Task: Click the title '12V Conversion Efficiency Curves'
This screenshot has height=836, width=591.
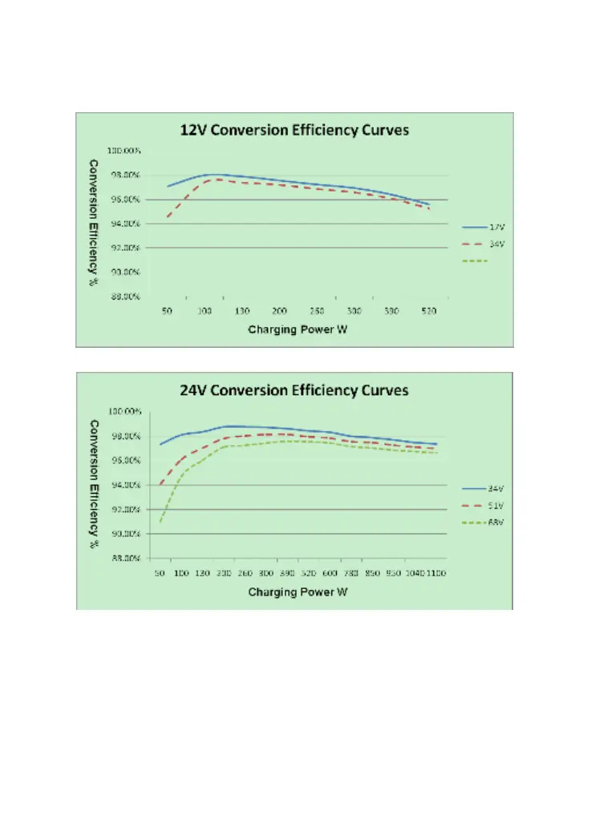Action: [x=293, y=131]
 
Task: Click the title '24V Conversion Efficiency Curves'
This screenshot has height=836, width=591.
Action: [x=293, y=390]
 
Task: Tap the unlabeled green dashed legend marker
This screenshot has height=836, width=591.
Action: [x=475, y=261]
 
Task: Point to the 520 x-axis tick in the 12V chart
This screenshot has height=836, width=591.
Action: [x=428, y=310]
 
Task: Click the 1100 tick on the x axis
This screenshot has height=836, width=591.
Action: [x=436, y=573]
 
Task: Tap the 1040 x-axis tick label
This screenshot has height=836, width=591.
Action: [x=415, y=573]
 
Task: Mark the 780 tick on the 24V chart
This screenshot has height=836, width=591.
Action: [x=350, y=573]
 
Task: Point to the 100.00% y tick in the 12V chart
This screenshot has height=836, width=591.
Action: [x=127, y=151]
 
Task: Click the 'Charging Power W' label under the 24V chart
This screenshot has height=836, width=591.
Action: [x=298, y=592]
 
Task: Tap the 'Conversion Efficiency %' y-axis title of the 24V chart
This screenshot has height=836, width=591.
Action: [x=93, y=474]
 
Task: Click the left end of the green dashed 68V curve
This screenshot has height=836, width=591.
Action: [x=160, y=523]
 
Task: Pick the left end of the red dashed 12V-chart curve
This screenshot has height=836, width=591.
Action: [x=167, y=217]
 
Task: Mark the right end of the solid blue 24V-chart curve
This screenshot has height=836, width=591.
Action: [x=436, y=444]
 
